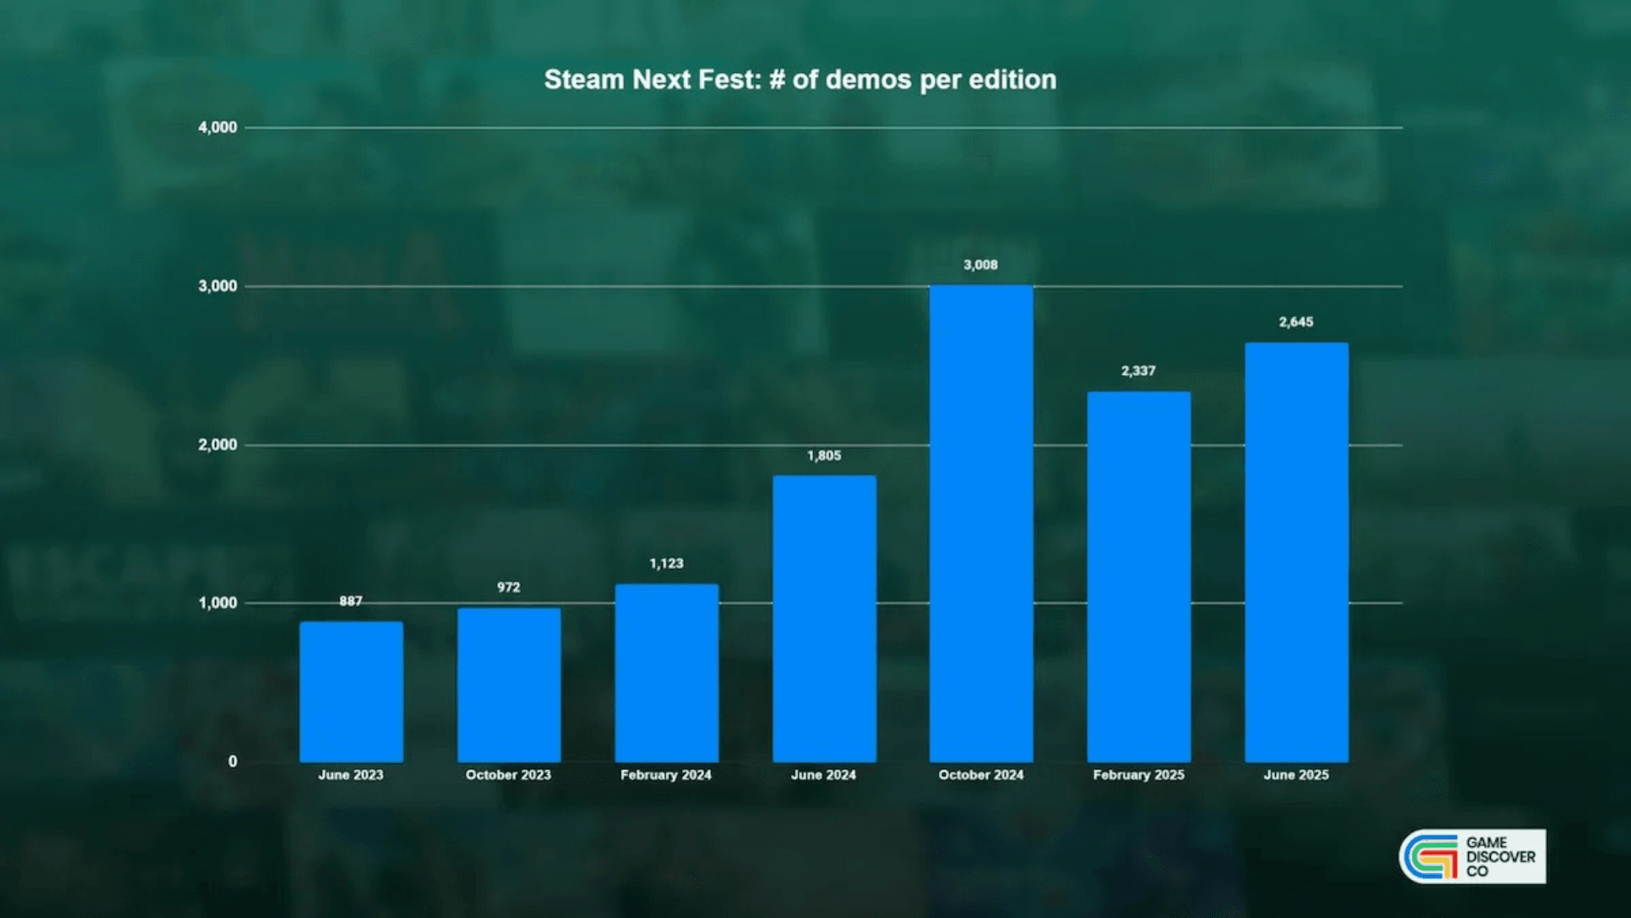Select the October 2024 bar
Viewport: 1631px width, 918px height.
click(981, 523)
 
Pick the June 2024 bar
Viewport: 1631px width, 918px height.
click(824, 618)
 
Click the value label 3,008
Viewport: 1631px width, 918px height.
click(980, 265)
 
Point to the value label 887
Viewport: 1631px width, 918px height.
click(351, 601)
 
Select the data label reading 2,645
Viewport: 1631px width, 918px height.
click(1296, 322)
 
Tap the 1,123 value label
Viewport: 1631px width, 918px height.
click(666, 564)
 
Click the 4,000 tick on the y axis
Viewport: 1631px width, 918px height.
click(217, 127)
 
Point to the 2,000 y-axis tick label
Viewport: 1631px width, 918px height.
click(217, 445)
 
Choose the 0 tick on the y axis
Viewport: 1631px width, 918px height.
click(233, 762)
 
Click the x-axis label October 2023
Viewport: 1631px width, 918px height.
click(508, 775)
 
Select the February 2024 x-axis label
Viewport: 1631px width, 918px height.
click(666, 775)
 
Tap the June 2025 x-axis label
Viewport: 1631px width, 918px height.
click(1296, 775)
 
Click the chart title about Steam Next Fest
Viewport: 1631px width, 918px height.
click(800, 80)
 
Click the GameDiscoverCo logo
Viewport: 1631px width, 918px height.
click(1472, 857)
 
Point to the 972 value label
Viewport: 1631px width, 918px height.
click(509, 587)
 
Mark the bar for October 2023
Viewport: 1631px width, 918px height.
click(509, 684)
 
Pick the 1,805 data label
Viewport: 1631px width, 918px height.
click(824, 456)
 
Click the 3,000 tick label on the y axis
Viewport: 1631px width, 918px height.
click(217, 286)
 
